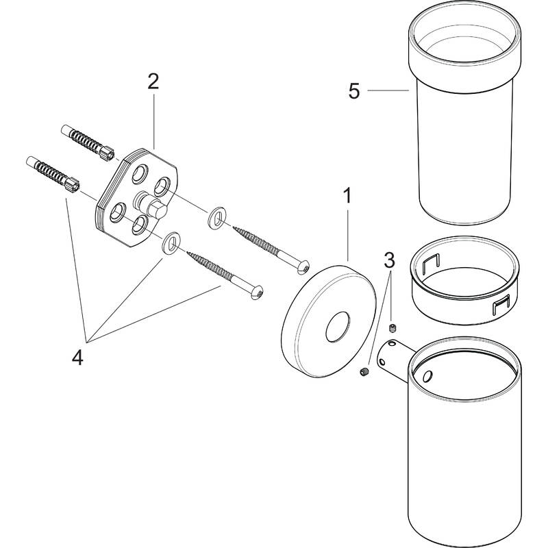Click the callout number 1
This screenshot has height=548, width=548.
point(347,197)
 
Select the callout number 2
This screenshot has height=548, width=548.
point(153,82)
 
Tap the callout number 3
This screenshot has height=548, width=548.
point(388,260)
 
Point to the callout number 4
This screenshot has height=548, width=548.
point(77,357)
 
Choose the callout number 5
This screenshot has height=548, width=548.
point(353,91)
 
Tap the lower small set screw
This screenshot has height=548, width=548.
point(364,372)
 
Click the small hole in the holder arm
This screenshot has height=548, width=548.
point(427,376)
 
